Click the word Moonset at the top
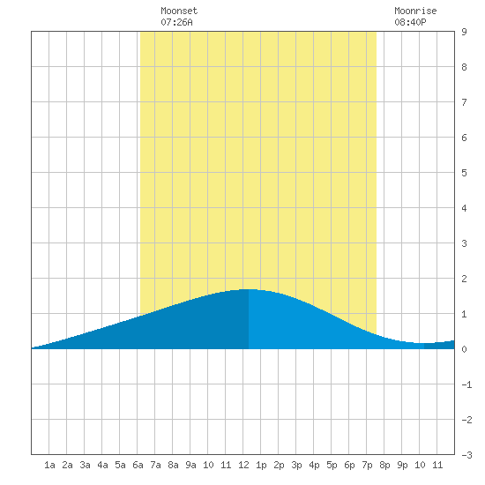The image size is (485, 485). [x=179, y=11]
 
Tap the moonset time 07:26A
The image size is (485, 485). [x=176, y=22]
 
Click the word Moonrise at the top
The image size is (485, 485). [x=415, y=11]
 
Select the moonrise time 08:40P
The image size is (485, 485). [x=410, y=22]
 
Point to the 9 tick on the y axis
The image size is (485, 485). [x=464, y=32]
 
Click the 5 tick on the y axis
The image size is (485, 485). [x=464, y=173]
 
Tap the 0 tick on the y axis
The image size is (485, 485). [x=464, y=349]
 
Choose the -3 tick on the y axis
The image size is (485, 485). [x=466, y=455]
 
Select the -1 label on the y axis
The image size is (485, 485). [x=466, y=384]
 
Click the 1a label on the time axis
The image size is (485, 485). [x=49, y=465]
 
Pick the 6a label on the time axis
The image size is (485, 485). [x=138, y=465]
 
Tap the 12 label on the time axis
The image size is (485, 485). [x=243, y=465]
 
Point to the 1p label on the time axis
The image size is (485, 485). [x=261, y=465]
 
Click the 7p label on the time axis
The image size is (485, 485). [x=367, y=465]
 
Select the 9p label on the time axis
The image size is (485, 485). [x=402, y=465]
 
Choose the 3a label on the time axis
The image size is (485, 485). [x=85, y=465]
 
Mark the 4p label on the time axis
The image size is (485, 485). [x=314, y=465]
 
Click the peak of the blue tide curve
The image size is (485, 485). [x=249, y=289]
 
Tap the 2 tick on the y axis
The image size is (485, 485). [x=464, y=279]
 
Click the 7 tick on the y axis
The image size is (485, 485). [x=464, y=102]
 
